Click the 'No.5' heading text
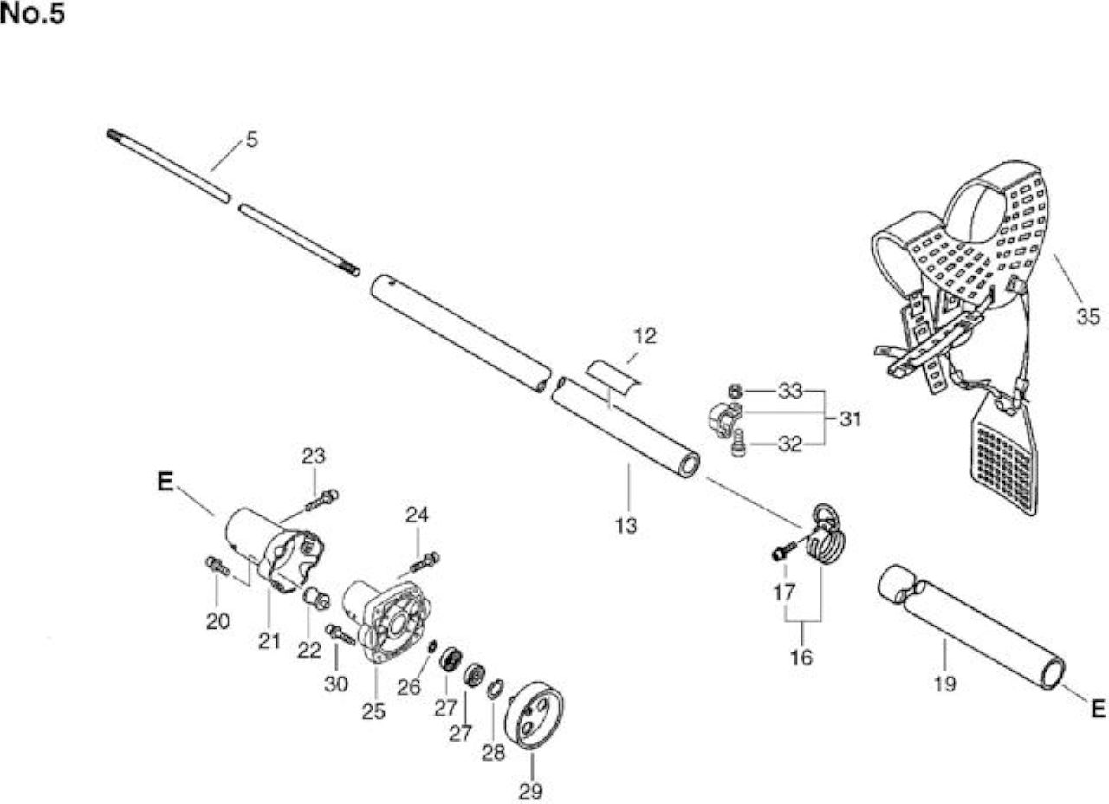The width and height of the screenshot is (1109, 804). coord(33,14)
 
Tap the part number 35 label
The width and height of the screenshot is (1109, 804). coord(1089,316)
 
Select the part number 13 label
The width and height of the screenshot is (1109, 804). coord(626,525)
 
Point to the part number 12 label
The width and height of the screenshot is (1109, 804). coord(645,336)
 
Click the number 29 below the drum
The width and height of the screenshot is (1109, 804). coord(531,791)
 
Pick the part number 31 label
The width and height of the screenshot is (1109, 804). coord(851,419)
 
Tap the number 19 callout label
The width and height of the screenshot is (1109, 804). coord(944,684)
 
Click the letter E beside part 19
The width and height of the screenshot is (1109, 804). coord(1098,709)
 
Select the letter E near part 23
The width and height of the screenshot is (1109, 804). coord(165,481)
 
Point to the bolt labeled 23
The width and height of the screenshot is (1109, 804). coord(321,500)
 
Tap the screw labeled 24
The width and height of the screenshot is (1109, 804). coord(425,562)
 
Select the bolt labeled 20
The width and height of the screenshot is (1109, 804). coord(217,566)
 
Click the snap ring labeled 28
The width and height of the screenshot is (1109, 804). coord(495,690)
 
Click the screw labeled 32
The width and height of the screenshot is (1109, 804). coord(738,444)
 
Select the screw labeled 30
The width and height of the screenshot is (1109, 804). coord(340,634)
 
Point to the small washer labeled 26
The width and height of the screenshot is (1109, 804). coord(431,646)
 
